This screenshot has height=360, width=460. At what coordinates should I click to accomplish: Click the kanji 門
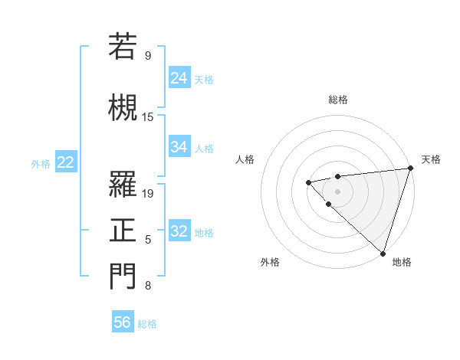(x=123, y=277)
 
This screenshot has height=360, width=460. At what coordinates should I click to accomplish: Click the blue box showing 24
(x=179, y=77)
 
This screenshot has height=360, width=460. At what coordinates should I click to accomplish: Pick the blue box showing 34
(x=179, y=146)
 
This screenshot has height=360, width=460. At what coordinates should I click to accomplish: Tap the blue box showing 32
(x=179, y=231)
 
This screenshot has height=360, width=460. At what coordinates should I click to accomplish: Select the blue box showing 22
(x=66, y=162)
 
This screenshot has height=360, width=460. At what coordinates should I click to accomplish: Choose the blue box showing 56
(x=123, y=322)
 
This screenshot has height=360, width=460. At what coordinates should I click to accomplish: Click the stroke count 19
(x=149, y=193)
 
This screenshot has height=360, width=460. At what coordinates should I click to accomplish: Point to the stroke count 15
(x=149, y=116)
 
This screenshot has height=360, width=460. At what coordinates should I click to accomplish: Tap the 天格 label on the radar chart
(x=431, y=159)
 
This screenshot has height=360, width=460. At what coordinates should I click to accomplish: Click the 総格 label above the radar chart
(x=338, y=100)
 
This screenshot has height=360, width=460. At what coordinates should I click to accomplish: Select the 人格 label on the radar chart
(x=245, y=159)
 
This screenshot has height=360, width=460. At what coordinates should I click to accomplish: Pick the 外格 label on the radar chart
(x=270, y=262)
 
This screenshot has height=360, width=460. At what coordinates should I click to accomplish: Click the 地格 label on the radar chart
(x=402, y=262)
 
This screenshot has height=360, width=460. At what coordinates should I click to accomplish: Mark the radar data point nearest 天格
(x=410, y=169)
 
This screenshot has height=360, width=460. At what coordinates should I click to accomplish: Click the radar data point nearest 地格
(x=382, y=253)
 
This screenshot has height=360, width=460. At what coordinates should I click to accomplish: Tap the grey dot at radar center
(x=337, y=191)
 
